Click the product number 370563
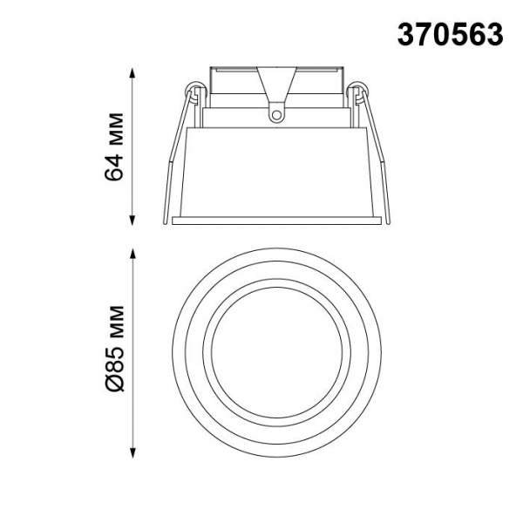451,35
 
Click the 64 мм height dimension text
114,146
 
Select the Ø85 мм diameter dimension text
114,348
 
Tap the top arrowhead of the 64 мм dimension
132,73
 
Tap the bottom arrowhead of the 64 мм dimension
132,220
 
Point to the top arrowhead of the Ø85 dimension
133,254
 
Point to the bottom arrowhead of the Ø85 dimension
133,452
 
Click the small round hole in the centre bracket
276,115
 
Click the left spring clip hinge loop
194,89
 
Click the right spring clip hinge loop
359,89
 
